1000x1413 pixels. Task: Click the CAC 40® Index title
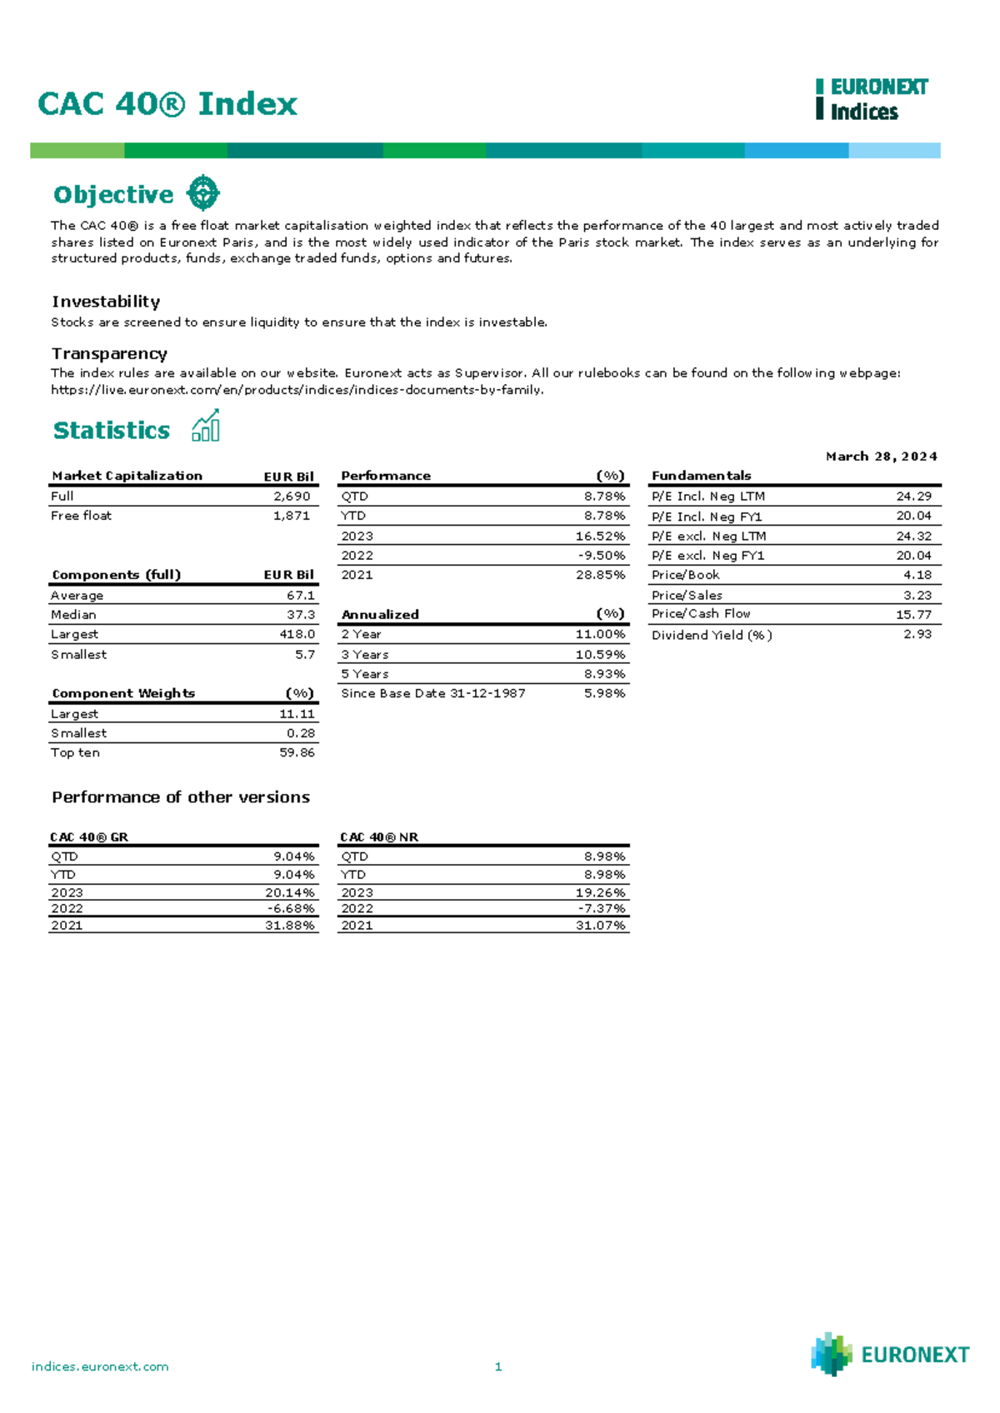[x=167, y=104]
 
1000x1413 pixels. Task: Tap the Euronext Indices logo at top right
[x=872, y=99]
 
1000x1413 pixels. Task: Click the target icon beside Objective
[x=202, y=193]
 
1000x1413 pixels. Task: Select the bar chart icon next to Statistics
[x=206, y=426]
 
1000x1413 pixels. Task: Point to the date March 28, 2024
[x=881, y=457]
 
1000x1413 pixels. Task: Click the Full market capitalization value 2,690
[x=292, y=497]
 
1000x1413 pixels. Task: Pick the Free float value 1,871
[x=292, y=516]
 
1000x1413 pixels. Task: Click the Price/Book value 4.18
[x=917, y=575]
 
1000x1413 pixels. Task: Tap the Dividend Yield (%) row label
[x=712, y=635]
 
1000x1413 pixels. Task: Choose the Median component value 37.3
[x=301, y=615]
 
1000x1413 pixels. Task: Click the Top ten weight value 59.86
[x=297, y=752]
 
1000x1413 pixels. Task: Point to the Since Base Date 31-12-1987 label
[x=433, y=693]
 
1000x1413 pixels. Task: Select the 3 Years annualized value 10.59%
[x=600, y=655]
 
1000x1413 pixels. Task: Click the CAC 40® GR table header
[x=89, y=837]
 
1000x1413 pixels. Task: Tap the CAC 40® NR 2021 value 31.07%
[x=600, y=926]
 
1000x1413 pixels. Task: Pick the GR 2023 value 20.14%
[x=290, y=892]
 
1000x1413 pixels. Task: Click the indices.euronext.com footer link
[x=100, y=1366]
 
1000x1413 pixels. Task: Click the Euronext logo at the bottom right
[x=890, y=1354]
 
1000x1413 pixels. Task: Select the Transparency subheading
[x=109, y=354]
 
